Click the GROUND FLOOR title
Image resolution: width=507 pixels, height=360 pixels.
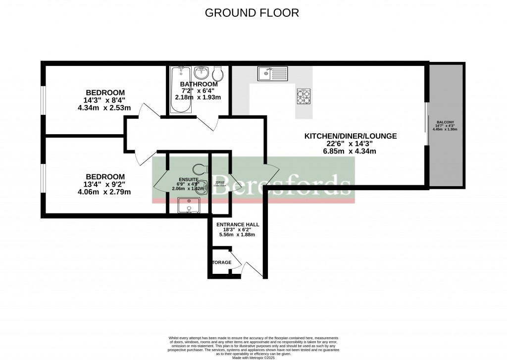[252, 13]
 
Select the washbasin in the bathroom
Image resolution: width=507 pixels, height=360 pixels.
[202, 74]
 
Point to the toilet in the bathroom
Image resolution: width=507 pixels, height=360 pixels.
[217, 74]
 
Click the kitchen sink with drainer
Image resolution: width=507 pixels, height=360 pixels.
[272, 74]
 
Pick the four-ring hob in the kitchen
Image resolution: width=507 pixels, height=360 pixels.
[304, 97]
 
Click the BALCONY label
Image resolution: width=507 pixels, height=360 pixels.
[445, 122]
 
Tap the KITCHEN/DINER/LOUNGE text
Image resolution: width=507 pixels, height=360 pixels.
[351, 136]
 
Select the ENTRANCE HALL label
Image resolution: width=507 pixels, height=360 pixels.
[238, 224]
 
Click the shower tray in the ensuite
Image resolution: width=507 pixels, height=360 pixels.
[188, 205]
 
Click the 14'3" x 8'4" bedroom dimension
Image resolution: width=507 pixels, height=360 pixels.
[105, 101]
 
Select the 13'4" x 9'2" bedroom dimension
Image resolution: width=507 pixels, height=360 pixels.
[105, 184]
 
